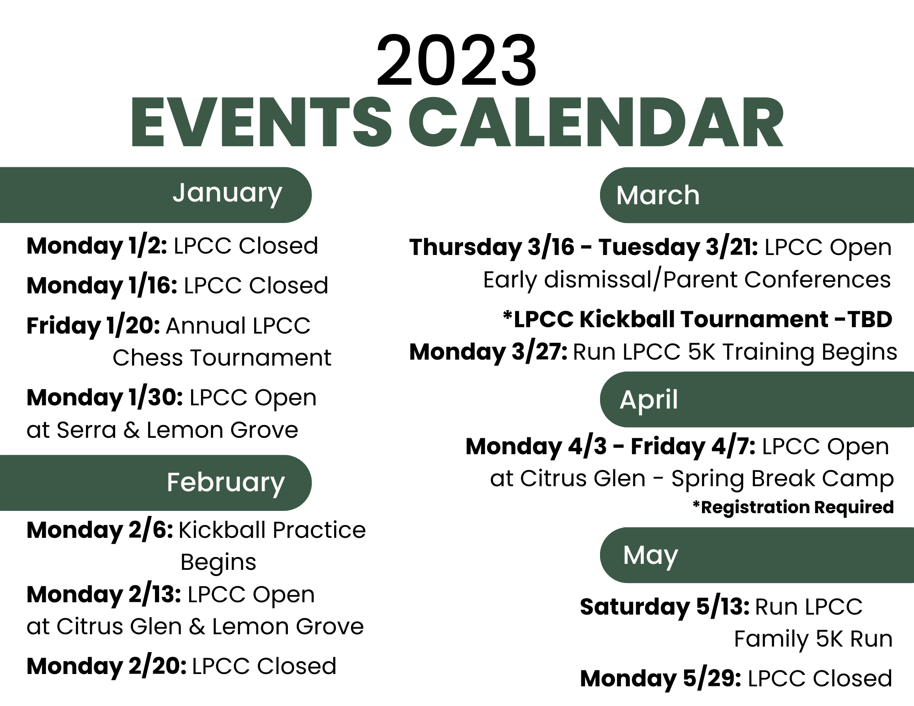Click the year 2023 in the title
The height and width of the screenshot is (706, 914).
[456, 62]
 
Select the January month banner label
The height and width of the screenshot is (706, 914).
[227, 193]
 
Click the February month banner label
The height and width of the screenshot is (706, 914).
[226, 483]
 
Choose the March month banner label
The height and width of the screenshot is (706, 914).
[658, 196]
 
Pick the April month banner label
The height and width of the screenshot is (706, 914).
[648, 400]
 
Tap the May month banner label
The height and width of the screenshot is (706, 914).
[650, 556]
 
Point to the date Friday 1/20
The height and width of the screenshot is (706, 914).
[93, 326]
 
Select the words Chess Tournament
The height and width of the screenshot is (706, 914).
[222, 358]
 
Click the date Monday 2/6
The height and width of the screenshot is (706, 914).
[100, 530]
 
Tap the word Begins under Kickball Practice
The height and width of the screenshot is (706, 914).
[218, 563]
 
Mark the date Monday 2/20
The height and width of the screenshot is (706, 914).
[106, 666]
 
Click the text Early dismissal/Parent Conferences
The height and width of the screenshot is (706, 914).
[687, 280]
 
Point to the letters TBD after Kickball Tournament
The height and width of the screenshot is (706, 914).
[870, 319]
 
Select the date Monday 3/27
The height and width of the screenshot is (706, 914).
[488, 352]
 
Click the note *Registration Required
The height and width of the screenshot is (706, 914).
[793, 507]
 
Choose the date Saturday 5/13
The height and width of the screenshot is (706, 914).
[664, 607]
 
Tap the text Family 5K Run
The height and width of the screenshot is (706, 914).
[813, 639]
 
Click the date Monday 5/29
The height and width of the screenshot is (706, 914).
[660, 679]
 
